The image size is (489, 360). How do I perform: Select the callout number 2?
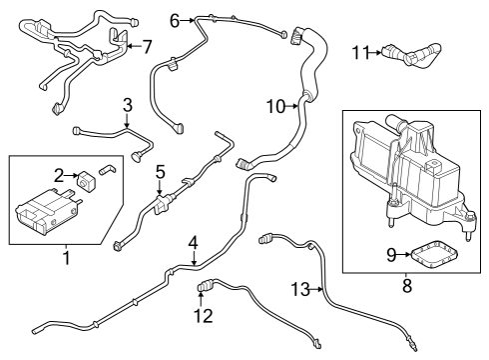click(58, 175)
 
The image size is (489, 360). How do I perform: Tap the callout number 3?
click(127, 105)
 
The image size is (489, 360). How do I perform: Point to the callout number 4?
click(194, 242)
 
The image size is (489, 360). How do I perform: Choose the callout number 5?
click(160, 172)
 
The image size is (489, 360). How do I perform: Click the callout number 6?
click(175, 19)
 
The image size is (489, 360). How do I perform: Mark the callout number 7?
click(148, 46)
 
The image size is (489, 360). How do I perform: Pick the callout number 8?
click(407, 286)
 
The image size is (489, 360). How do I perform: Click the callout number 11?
click(359, 52)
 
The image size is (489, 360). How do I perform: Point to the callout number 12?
click(204, 316)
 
